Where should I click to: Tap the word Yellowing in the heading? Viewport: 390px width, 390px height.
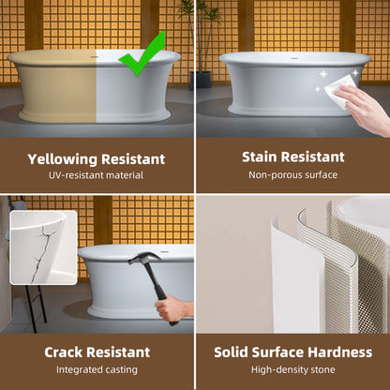63,159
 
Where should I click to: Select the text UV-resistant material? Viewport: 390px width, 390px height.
96,175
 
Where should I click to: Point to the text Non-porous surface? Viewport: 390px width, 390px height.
292,174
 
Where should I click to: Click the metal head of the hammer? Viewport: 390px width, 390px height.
144,258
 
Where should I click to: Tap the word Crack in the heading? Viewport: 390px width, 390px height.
63,352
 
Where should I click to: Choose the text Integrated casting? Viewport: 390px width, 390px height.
97,370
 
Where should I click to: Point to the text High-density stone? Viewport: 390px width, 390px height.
292,370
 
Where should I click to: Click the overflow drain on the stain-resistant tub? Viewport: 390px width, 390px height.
293,58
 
